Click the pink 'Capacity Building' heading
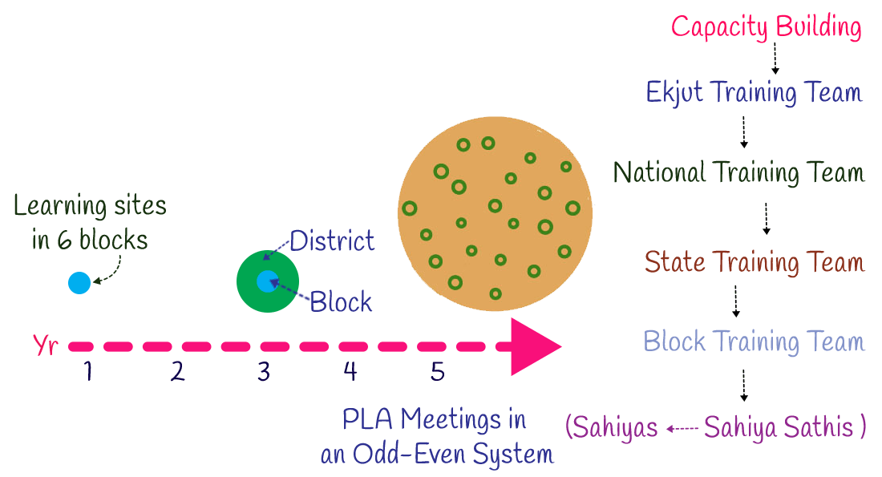pyautogui.click(x=766, y=27)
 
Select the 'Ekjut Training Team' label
pyautogui.click(x=754, y=92)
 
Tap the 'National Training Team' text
pyautogui.click(x=738, y=172)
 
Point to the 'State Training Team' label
pyautogui.click(x=755, y=262)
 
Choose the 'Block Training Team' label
pyautogui.click(x=754, y=342)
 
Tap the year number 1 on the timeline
pyautogui.click(x=88, y=372)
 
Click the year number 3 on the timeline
pyautogui.click(x=263, y=372)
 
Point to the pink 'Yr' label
pyautogui.click(x=45, y=346)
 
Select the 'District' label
pyautogui.click(x=332, y=240)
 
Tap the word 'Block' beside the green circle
pyautogui.click(x=342, y=302)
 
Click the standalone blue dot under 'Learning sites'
pyautogui.click(x=79, y=282)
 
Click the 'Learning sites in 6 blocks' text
pyautogui.click(x=91, y=223)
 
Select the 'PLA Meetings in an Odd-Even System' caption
pyautogui.click(x=437, y=436)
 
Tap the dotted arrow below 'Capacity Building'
pyautogui.click(x=775, y=59)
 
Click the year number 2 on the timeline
pyautogui.click(x=177, y=372)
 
